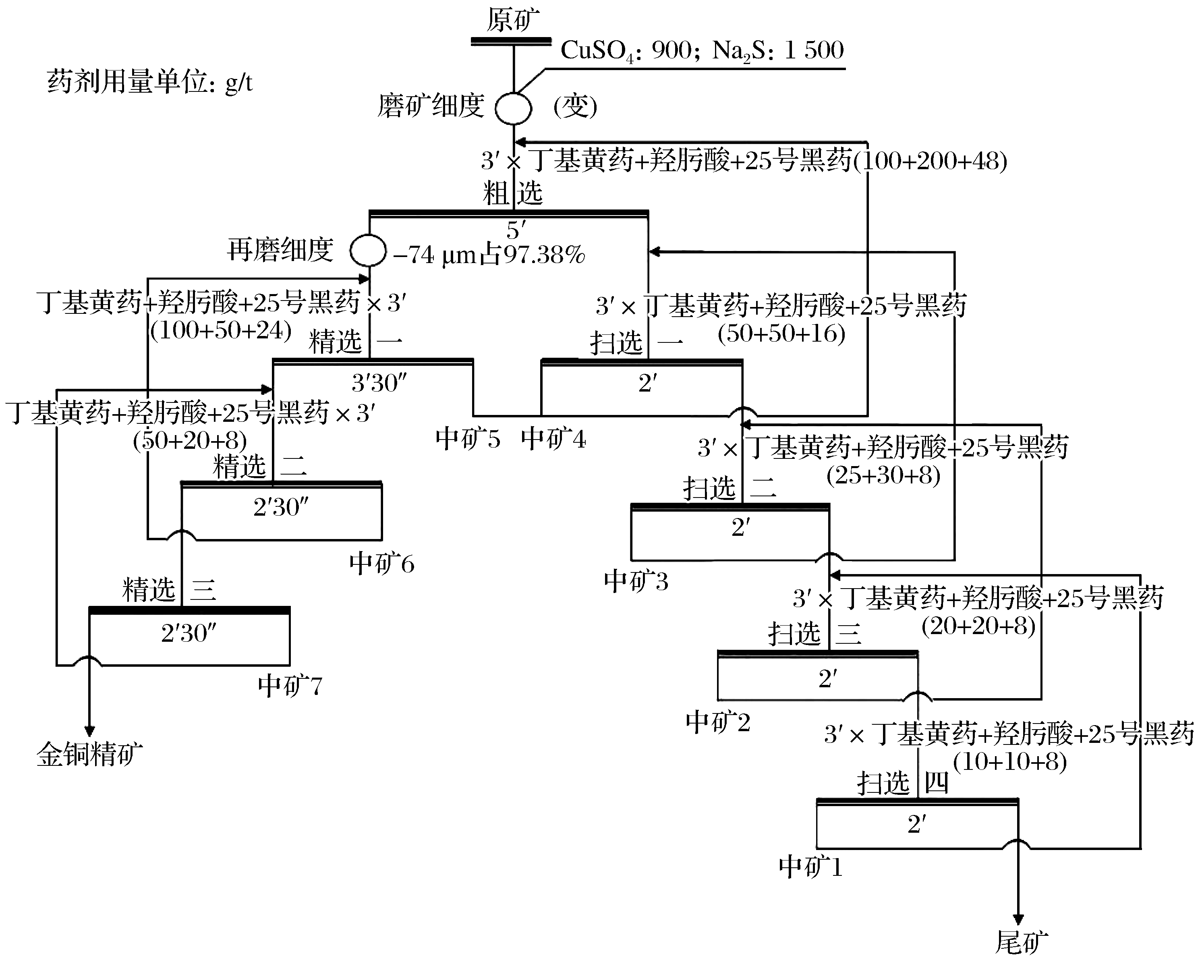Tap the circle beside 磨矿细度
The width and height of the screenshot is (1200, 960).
coord(513,108)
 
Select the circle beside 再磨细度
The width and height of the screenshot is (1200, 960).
coord(368,251)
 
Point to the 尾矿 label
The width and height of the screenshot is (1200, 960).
coord(1021,941)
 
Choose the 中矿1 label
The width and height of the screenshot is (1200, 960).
coord(810,867)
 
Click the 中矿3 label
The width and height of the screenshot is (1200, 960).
coord(636,582)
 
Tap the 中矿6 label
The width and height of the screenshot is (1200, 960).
coord(382,564)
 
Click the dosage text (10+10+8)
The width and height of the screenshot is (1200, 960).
coord(1009,761)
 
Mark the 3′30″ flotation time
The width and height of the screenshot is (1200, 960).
coord(379,383)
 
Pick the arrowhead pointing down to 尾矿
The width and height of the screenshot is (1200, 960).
coord(1018,919)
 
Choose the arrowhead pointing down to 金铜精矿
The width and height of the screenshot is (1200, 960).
coord(89,731)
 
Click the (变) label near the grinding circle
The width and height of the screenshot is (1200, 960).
coord(575,106)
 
